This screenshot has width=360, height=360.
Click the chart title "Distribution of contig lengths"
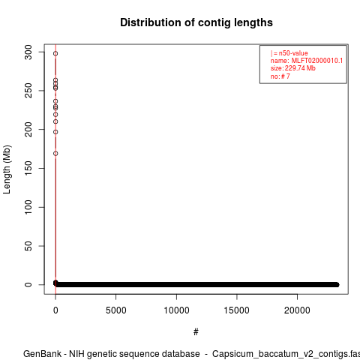(196, 22)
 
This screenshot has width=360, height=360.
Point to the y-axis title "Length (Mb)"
(7, 169)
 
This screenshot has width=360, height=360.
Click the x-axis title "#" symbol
(196, 332)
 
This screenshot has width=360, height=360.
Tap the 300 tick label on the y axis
(28, 52)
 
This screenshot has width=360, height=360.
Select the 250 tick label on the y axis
(28, 91)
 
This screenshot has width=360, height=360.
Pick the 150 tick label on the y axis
(28, 168)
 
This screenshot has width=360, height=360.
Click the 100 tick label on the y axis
(28, 207)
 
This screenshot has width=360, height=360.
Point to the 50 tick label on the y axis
(28, 246)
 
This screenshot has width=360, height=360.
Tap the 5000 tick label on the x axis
(116, 310)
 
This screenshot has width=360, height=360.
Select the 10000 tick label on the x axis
(176, 310)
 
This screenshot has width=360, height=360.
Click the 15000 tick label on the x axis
(237, 310)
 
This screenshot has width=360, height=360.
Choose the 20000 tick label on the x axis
(297, 310)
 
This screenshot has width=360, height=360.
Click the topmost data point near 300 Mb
(55, 53)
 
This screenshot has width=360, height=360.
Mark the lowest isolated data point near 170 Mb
(55, 154)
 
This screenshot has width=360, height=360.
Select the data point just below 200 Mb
(55, 132)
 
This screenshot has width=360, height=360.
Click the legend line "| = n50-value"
(289, 53)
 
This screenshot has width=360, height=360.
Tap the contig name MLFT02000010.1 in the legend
(317, 61)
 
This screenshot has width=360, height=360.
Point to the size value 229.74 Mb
(300, 68)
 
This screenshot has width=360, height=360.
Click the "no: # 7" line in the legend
(280, 76)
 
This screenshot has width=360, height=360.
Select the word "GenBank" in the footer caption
(42, 354)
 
